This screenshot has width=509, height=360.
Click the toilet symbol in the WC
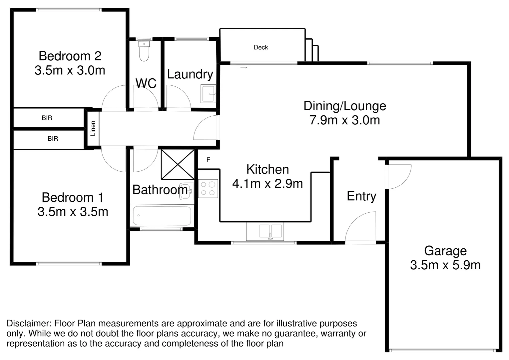[144, 52]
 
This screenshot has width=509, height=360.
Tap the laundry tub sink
[208, 94]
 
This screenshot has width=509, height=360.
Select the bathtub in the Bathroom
[162, 216]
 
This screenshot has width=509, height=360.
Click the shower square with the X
[178, 164]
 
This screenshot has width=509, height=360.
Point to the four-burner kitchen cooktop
[208, 188]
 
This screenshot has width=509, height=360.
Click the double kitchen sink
[270, 231]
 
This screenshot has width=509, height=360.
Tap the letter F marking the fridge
[208, 160]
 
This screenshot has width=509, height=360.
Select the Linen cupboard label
[93, 128]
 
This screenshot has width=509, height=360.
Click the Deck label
[260, 47]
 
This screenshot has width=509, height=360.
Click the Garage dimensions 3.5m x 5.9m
[445, 265]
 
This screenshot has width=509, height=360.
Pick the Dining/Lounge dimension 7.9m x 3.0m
[344, 120]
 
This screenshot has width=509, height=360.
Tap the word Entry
[361, 196]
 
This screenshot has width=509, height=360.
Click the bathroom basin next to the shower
[186, 191]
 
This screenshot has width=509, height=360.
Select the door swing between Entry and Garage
[400, 177]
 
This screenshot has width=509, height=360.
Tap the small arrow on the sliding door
[244, 68]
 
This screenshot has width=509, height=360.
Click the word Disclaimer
[28, 323]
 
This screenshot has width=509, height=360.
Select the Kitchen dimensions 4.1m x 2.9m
[267, 184]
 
